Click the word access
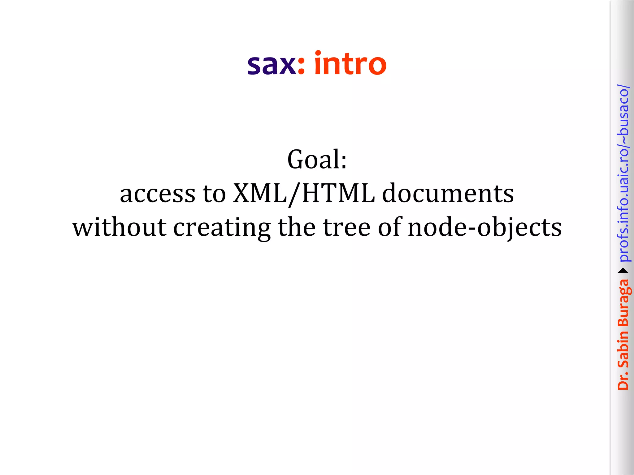tap(158, 194)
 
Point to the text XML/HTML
tap(304, 194)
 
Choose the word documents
tap(448, 194)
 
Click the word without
tap(119, 227)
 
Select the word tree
tap(347, 227)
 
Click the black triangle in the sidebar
tap(623, 271)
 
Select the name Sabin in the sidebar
tap(623, 349)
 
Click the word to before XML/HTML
tap(214, 194)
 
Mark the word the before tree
tap(297, 227)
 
